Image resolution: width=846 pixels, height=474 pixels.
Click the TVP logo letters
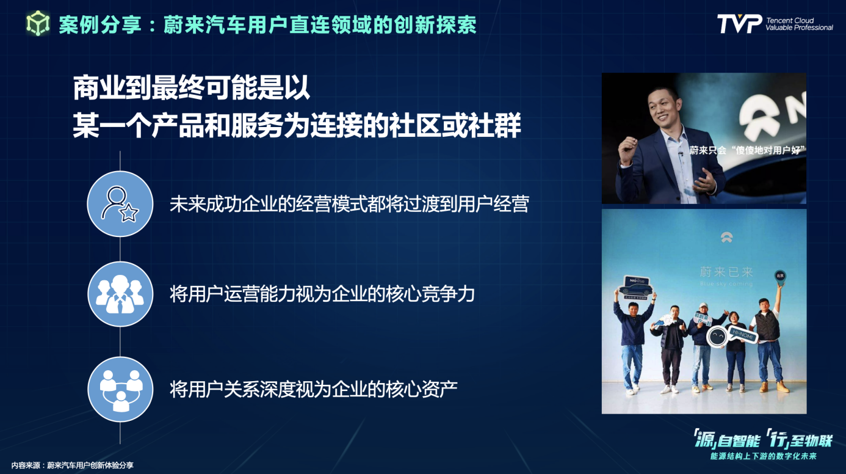click(740, 24)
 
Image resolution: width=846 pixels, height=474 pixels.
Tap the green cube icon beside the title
click(38, 23)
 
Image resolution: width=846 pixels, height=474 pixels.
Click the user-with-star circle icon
click(120, 204)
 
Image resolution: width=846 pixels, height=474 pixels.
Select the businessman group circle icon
click(120, 294)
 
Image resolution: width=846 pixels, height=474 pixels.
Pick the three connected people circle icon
click(120, 389)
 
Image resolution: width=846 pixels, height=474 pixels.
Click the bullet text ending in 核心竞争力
click(322, 294)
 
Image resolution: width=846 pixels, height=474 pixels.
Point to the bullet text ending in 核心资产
click(314, 389)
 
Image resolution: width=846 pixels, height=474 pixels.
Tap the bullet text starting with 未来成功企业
click(349, 204)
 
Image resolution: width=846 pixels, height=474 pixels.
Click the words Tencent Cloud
click(790, 20)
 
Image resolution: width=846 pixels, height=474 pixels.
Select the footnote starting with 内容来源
click(72, 465)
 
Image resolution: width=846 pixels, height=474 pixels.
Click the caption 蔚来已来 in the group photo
click(726, 271)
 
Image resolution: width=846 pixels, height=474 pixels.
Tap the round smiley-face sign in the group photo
click(717, 336)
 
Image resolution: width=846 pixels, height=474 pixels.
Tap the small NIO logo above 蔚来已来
click(726, 237)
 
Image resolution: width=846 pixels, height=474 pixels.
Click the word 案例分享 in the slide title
click(100, 24)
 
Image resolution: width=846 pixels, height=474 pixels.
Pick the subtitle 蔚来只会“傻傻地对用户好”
click(747, 150)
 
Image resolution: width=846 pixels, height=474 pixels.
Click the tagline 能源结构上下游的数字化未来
click(763, 456)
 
